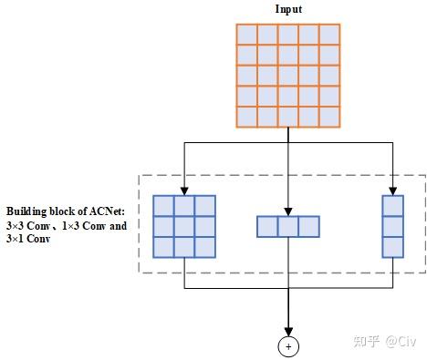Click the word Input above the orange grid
[x=288, y=9]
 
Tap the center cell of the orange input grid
[x=288, y=75]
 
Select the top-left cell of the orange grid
[x=246, y=33]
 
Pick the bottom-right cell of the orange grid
[x=330, y=117]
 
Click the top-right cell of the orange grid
[x=330, y=33]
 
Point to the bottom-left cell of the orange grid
[x=246, y=117]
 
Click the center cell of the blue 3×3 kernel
[x=184, y=225]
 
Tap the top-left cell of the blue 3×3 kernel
[x=163, y=205]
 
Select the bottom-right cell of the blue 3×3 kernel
[x=205, y=245]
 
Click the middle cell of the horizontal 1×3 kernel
[x=288, y=226]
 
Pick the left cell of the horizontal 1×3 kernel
[x=267, y=226]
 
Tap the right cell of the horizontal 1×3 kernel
[x=309, y=226]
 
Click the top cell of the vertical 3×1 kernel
[x=392, y=205]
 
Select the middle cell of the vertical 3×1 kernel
[x=392, y=226]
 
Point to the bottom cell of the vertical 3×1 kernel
[x=392, y=246]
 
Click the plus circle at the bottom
[x=288, y=346]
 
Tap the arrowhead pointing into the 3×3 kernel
[x=184, y=190]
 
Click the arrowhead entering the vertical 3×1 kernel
[x=392, y=190]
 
